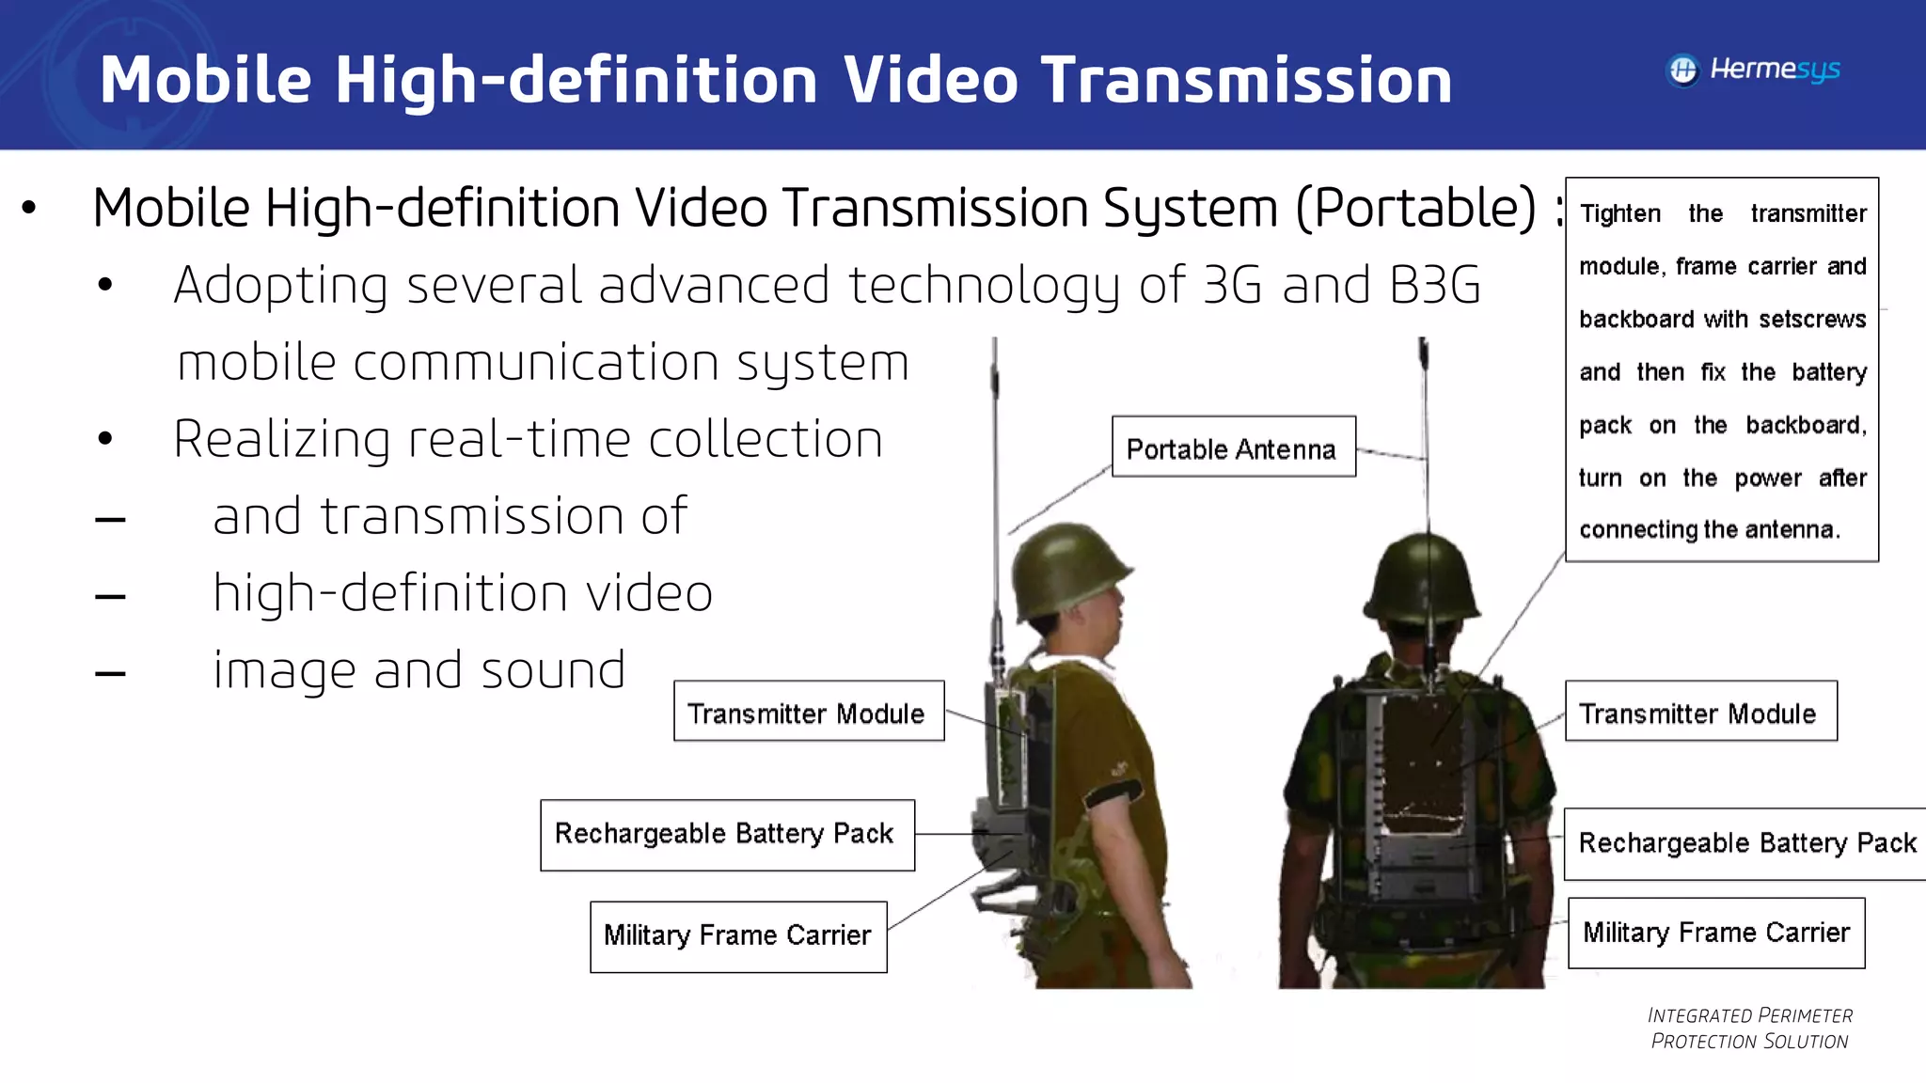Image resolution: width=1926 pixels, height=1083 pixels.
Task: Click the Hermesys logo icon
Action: click(x=1683, y=71)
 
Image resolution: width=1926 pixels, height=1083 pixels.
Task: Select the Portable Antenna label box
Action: click(x=1233, y=447)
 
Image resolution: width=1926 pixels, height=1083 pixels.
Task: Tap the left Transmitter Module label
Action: click(x=808, y=712)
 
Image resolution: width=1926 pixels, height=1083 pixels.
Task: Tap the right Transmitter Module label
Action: click(x=1699, y=712)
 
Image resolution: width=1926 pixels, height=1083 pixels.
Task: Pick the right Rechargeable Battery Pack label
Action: click(x=1746, y=843)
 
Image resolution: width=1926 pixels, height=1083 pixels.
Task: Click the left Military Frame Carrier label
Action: click(x=738, y=936)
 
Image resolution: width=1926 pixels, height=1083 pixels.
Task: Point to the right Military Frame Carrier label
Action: click(x=1716, y=933)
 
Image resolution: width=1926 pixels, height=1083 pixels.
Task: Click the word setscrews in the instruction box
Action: click(x=1812, y=320)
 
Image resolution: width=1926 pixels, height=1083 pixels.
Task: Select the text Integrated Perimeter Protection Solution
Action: click(x=1749, y=1028)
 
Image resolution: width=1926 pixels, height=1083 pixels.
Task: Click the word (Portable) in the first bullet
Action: click(x=1415, y=208)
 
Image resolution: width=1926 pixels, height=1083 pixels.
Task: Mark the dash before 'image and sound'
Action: click(x=110, y=673)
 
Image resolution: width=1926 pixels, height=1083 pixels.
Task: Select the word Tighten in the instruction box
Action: click(x=1620, y=213)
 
